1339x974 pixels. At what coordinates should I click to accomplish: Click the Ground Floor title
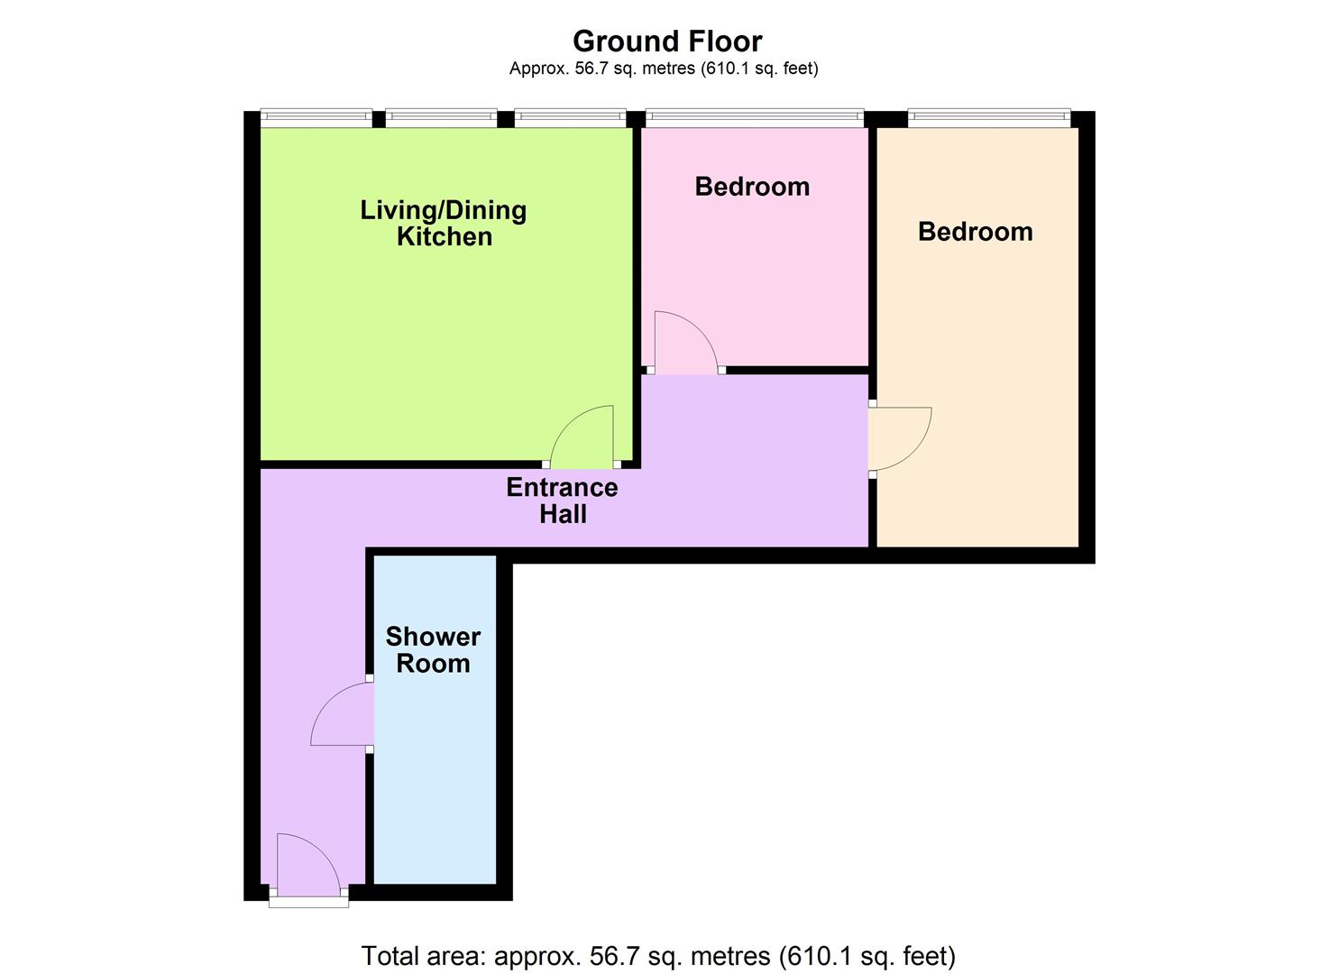667,41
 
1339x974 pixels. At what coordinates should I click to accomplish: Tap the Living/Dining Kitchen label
444,223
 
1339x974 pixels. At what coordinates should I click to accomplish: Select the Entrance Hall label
562,501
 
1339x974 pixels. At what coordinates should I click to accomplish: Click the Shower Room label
433,650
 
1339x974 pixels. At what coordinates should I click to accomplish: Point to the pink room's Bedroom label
752,187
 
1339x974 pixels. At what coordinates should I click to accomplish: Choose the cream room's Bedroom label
975,232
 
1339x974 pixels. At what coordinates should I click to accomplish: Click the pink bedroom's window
755,117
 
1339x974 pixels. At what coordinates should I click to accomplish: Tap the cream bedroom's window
989,117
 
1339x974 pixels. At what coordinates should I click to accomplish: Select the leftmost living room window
316,117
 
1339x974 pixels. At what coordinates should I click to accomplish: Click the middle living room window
441,117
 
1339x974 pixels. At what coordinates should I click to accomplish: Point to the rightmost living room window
570,117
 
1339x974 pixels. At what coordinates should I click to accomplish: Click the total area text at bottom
658,956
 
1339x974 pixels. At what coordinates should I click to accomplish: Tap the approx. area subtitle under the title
664,69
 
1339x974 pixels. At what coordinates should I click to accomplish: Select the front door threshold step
308,900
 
